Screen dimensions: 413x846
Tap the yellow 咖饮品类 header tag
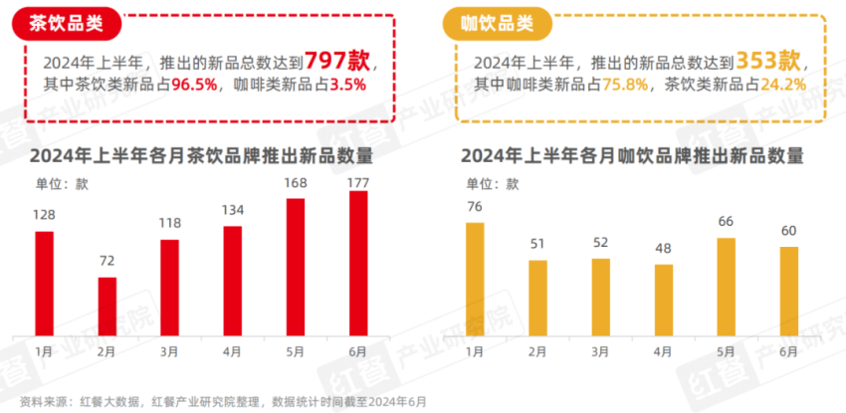coord(497,22)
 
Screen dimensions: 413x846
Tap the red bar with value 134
coord(232,281)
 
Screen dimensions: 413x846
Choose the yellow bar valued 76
coord(474,279)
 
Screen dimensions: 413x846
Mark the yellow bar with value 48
coord(664,300)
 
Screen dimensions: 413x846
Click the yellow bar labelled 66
coord(727,287)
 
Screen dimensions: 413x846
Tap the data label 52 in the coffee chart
coord(600,243)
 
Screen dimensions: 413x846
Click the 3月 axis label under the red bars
coord(169,351)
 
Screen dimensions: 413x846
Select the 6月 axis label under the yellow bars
coord(789,351)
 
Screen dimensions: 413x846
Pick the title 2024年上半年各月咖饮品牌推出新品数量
coord(631,155)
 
